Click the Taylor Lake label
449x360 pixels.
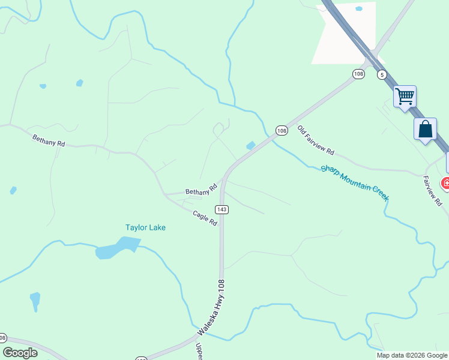point(145,227)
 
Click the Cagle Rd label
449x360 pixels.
point(205,218)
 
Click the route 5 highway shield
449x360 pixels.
point(382,74)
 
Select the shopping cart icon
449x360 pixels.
point(405,95)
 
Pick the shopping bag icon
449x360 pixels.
point(425,129)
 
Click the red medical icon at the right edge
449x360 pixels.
point(446,183)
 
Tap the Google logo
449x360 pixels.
point(20,353)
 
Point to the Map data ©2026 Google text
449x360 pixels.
point(412,355)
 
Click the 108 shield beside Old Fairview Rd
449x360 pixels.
point(282,130)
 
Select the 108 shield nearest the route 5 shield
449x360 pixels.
point(358,74)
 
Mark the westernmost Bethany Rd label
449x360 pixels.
point(49,141)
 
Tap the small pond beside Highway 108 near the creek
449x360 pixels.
point(250,145)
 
